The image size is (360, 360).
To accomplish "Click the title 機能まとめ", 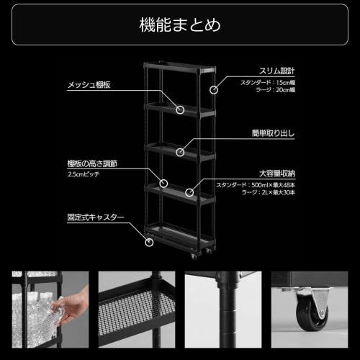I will pos(179,24).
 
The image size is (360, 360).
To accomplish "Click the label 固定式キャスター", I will pos(96,216).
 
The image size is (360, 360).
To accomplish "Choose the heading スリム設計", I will pos(277,71).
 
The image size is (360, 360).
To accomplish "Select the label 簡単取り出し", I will pos(273,133).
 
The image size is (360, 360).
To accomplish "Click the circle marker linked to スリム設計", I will pos(214,90).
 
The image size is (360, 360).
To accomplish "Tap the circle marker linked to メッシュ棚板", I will pos(181,110).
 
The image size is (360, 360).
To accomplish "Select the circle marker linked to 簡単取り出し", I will pos(180,152).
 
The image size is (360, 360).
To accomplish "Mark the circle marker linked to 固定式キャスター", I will pos(149,242).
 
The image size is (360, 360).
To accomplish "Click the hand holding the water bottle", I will pos(72,306).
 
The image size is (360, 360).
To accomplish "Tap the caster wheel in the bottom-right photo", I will pos(312,315).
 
